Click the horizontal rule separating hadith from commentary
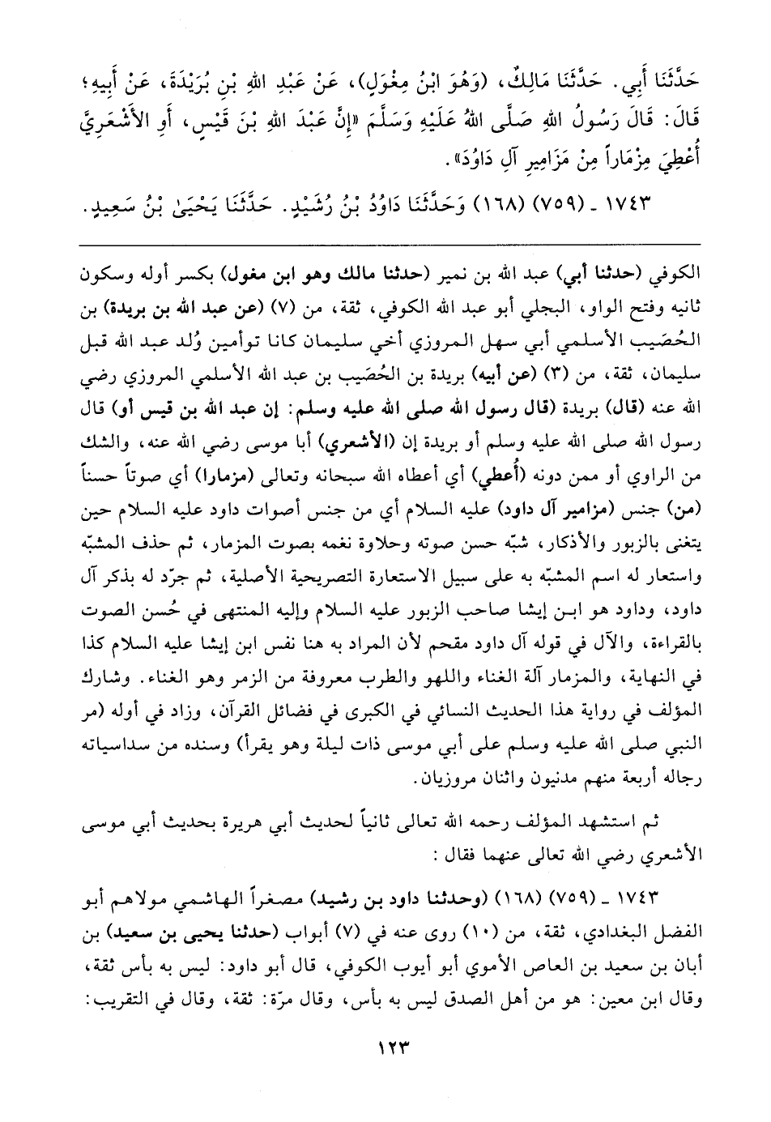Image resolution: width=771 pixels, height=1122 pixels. (385, 244)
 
